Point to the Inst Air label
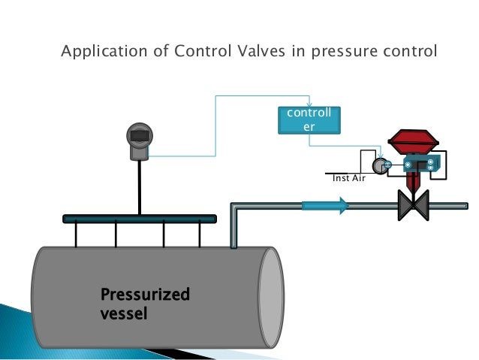click(348, 179)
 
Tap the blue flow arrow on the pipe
click(325, 204)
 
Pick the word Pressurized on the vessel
click(145, 295)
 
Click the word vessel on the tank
click(124, 312)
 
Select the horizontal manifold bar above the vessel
click(140, 219)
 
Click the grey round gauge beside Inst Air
click(379, 165)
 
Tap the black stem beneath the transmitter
click(139, 188)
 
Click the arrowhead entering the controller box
click(309, 104)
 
